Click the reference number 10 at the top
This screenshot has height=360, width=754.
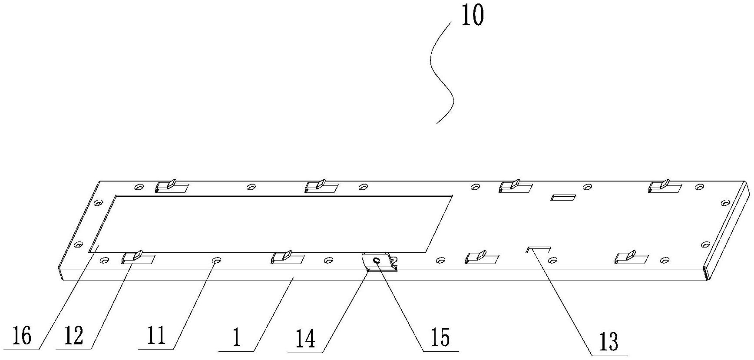tap(472, 16)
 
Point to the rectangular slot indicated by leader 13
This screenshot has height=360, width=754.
tap(538, 250)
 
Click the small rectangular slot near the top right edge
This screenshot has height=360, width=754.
tap(563, 198)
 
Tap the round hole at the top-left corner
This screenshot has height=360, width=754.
tap(139, 188)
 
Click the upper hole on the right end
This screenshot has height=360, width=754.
tap(724, 203)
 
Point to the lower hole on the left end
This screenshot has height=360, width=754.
tap(78, 244)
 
